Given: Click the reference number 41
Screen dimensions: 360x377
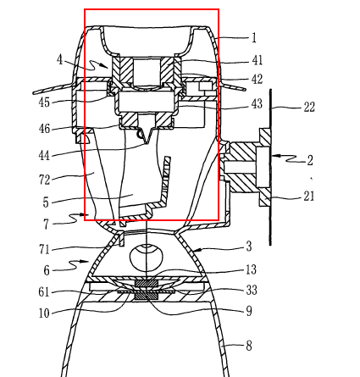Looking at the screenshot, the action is (258, 60).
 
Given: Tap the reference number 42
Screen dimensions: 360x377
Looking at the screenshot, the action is (258, 79).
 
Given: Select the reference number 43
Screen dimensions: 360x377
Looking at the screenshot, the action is (257, 103).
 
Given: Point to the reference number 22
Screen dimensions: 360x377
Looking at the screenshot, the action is (309, 108).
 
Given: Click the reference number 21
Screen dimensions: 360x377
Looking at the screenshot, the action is (309, 196).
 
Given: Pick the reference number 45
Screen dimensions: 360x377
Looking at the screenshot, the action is (44, 103).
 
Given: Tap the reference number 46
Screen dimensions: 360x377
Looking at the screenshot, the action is (44, 129).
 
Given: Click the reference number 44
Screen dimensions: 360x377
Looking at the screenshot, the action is (44, 156).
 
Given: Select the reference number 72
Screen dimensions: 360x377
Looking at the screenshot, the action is (44, 180).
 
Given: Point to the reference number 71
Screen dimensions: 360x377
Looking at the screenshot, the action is (44, 250).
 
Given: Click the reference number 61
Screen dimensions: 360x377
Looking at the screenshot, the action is (44, 291).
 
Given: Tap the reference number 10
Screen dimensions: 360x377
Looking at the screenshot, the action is (44, 313).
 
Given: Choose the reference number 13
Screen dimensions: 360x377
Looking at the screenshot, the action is (251, 269).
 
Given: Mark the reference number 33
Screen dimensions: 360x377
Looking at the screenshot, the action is (252, 290).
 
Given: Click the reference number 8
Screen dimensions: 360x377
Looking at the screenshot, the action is (249, 346).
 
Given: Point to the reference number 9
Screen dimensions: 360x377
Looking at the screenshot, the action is (249, 311).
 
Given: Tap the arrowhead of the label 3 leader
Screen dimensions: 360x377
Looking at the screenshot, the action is (197, 250).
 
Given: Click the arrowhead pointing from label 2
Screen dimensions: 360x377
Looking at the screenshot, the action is (276, 155).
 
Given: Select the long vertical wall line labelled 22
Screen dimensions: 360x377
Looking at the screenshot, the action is (270, 167).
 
